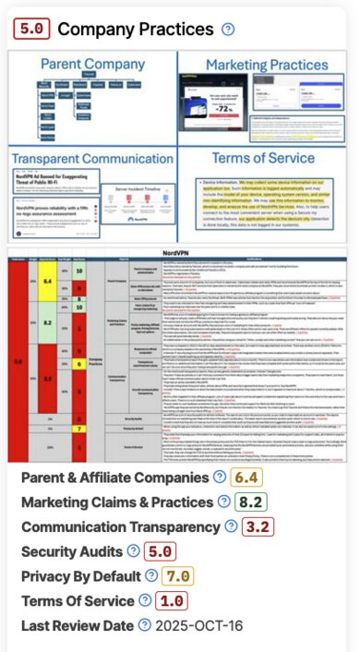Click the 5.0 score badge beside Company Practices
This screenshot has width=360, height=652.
[x=32, y=30]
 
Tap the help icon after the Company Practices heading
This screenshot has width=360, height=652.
[x=227, y=30]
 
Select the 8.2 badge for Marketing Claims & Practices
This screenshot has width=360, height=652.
[x=250, y=501]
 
